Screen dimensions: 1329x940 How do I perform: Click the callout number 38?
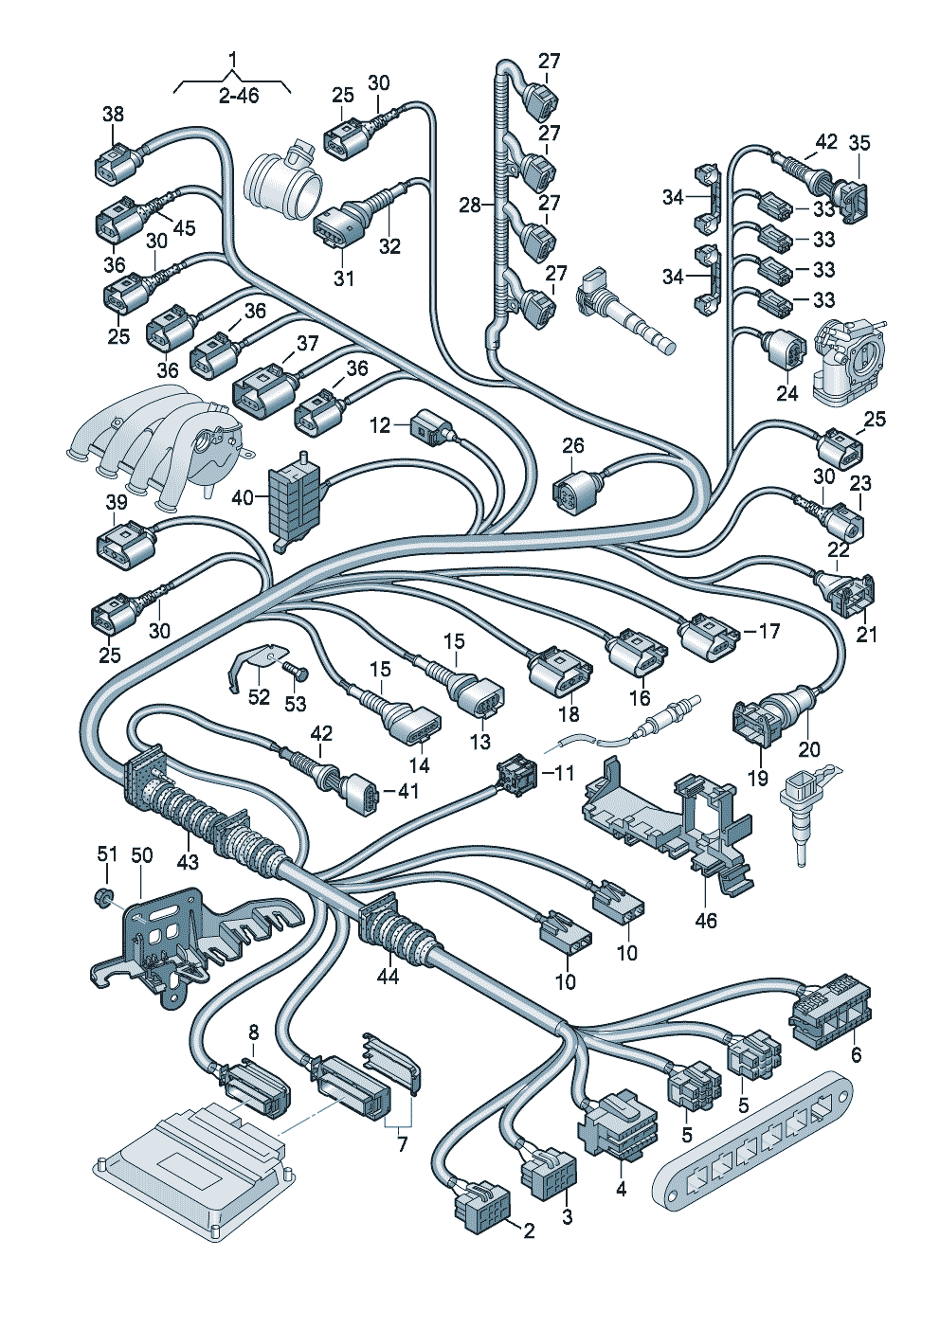click(113, 115)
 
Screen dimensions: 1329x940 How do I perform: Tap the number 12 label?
click(380, 425)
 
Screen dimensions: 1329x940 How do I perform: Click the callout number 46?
click(706, 920)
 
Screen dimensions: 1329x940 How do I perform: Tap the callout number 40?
click(243, 496)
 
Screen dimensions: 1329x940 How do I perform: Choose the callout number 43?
click(188, 862)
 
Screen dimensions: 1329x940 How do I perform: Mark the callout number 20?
click(808, 749)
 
